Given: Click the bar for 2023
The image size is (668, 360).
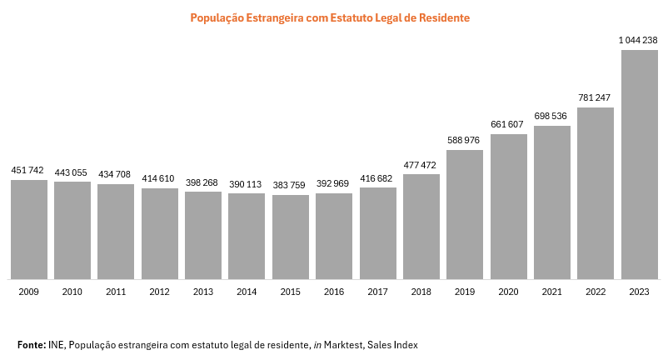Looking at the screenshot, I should [639, 165].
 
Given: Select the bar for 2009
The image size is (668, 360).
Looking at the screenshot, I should [29, 229].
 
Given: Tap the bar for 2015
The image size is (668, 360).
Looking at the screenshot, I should [291, 237].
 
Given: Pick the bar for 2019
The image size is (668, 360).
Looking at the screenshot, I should [465, 214].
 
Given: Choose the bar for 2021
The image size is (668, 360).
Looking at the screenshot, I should [552, 202].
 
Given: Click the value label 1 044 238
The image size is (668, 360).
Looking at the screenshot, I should [639, 40].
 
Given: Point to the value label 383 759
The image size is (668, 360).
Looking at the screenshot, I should [291, 185].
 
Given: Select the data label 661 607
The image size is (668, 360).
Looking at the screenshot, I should [508, 124].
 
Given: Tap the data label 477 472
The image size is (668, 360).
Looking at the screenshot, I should [421, 164].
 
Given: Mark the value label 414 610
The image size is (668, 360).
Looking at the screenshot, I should [160, 178].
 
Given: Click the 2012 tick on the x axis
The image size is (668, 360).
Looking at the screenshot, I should [160, 292].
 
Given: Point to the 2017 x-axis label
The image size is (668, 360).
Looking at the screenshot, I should [377, 292].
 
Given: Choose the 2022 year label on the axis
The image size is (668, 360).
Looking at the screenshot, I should [596, 292].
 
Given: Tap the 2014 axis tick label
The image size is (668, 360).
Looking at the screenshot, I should [247, 292].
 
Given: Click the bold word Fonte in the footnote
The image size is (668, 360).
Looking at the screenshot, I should [32, 344].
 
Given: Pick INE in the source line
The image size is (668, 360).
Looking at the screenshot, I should [56, 344].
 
